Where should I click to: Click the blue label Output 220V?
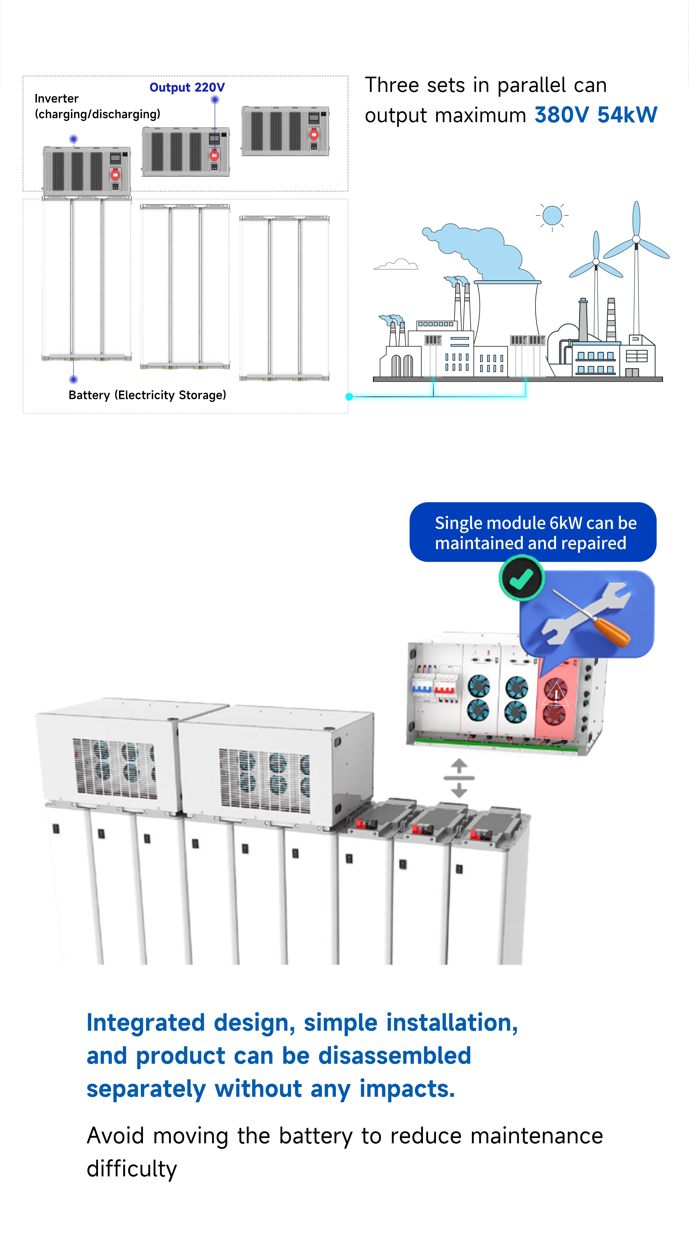(187, 88)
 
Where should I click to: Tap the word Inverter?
(57, 99)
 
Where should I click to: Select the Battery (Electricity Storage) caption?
(147, 395)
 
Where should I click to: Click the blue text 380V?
(562, 115)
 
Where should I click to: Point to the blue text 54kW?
(628, 115)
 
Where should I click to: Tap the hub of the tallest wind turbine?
(636, 239)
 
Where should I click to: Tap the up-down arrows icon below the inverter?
(459, 778)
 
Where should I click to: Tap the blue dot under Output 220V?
(215, 100)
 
